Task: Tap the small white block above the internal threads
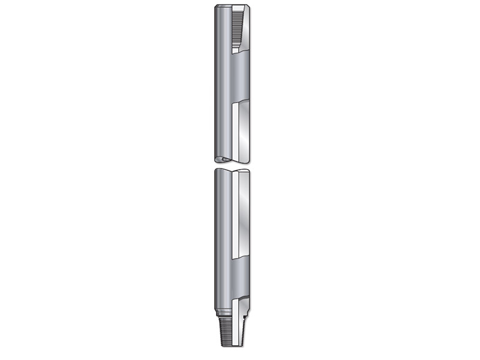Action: (239, 8)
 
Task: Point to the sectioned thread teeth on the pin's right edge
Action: (246, 333)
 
